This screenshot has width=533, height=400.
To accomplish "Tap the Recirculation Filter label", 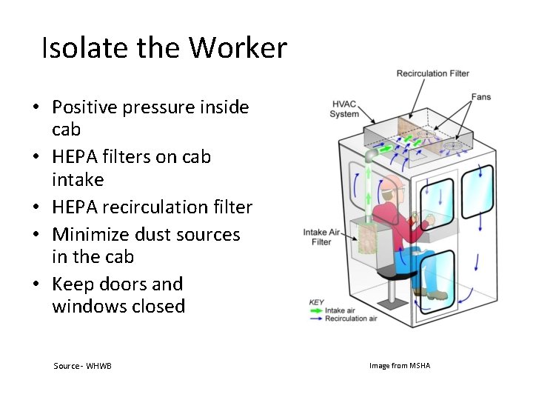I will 432,73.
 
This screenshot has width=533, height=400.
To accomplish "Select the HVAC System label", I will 345,109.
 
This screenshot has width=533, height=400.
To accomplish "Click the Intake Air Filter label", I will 321,237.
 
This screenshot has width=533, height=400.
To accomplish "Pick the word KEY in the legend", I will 317,302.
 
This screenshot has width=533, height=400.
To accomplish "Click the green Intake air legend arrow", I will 316,310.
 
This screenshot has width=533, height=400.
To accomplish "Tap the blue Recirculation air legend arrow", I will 316,319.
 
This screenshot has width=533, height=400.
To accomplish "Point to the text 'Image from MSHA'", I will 400,366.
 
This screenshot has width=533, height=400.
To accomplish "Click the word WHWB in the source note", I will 98,366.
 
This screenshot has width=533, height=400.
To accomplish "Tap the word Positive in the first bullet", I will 83,107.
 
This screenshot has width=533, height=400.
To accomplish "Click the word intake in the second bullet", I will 78,180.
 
